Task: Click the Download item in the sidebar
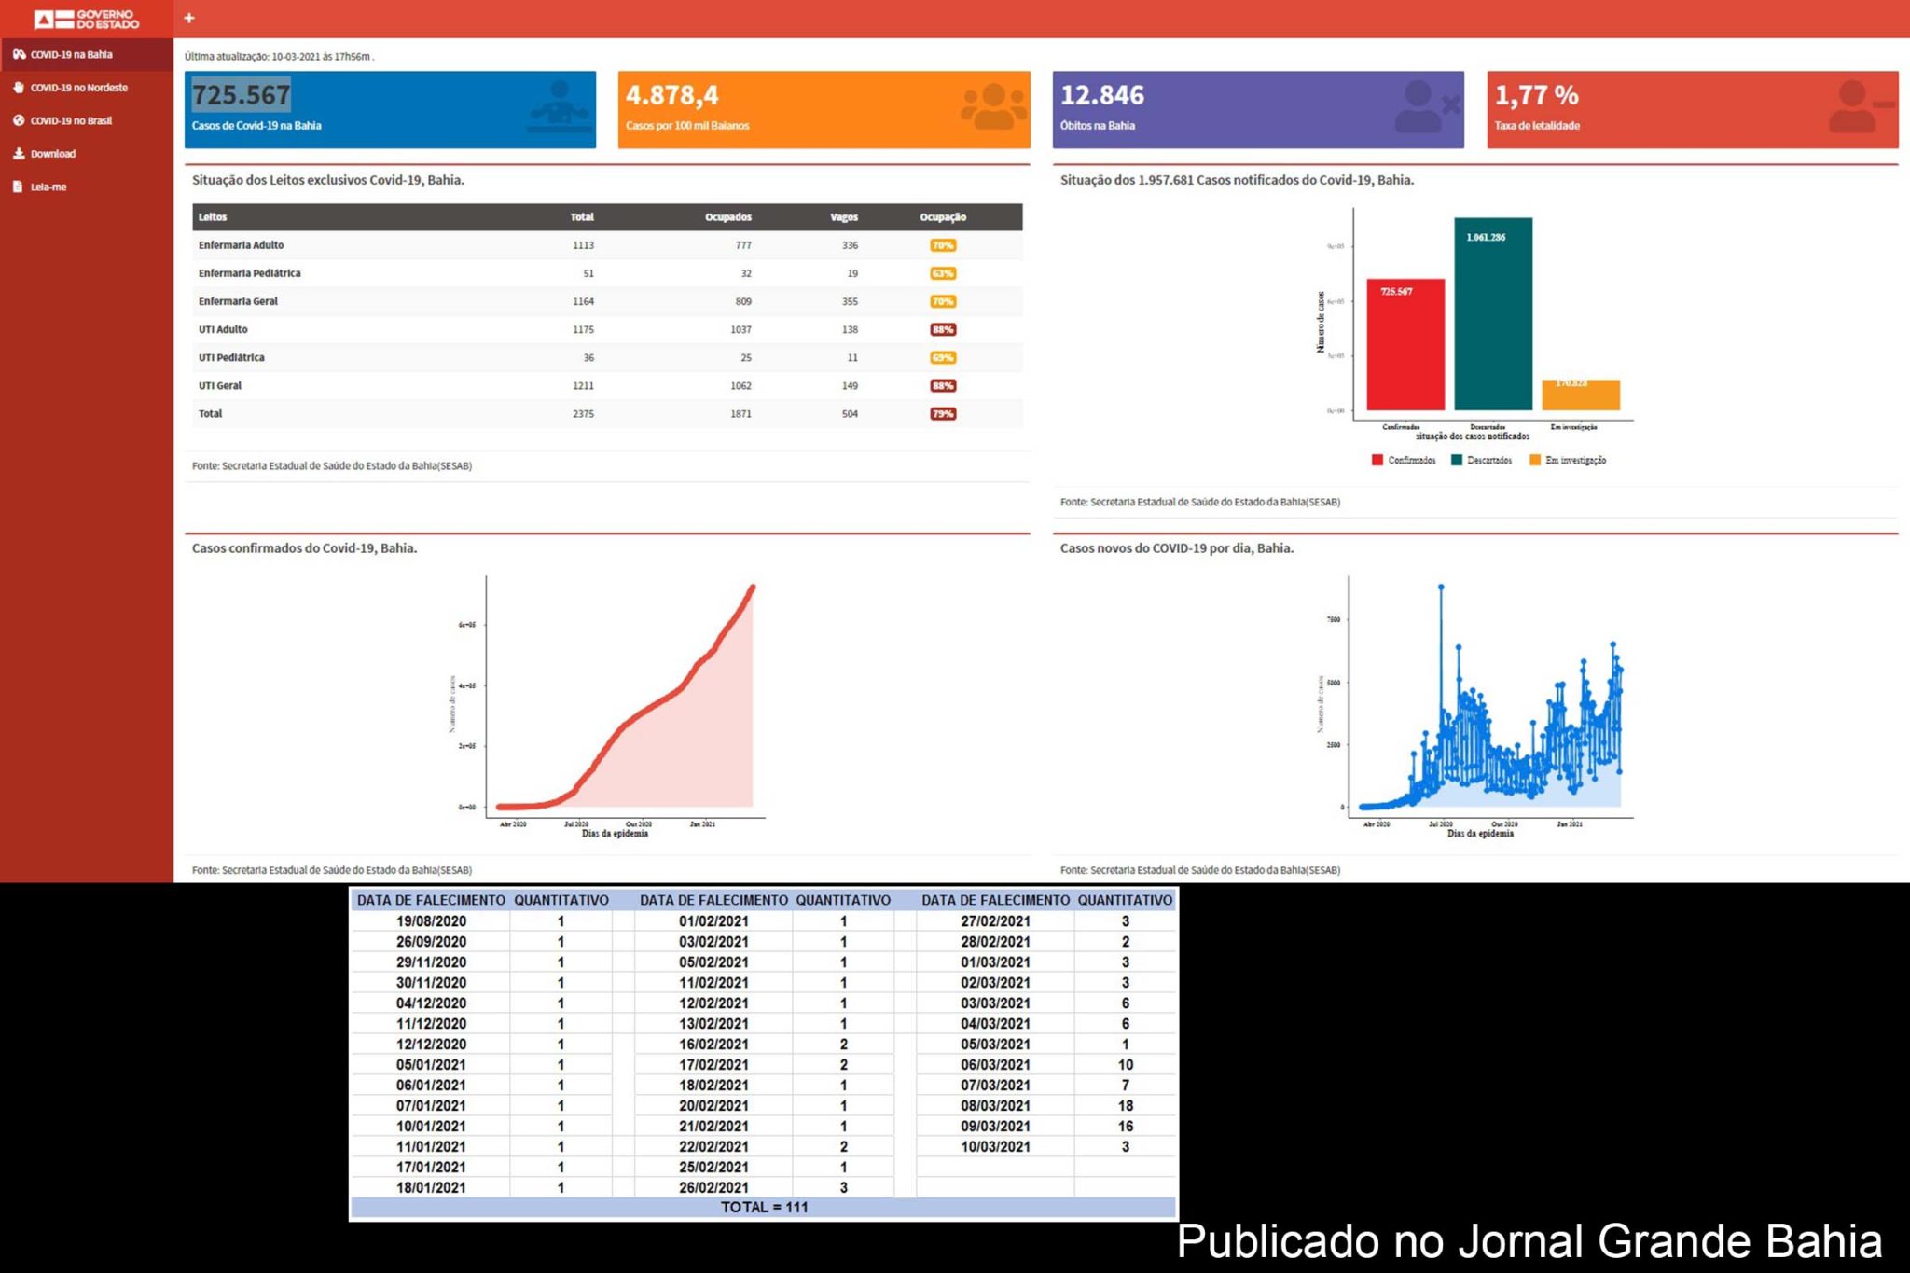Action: click(x=52, y=154)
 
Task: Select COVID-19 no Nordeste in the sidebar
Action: click(x=78, y=88)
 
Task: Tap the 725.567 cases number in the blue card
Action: click(x=242, y=95)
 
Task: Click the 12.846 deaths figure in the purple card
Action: click(x=1101, y=95)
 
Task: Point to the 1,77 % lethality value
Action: click(x=1536, y=95)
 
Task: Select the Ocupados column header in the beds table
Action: click(x=727, y=217)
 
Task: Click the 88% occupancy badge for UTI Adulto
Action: click(x=942, y=330)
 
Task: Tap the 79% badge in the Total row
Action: click(x=942, y=414)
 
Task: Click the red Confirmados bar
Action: click(x=1405, y=345)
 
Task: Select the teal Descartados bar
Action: click(x=1492, y=314)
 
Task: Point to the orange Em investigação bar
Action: click(x=1580, y=395)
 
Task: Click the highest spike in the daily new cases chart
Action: click(x=1441, y=588)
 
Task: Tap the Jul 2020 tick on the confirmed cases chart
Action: click(x=575, y=824)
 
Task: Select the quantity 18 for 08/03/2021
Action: click(x=1125, y=1106)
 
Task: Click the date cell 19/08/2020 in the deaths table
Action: click(x=431, y=921)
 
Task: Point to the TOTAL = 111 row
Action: click(x=764, y=1208)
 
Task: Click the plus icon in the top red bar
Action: click(x=189, y=18)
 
